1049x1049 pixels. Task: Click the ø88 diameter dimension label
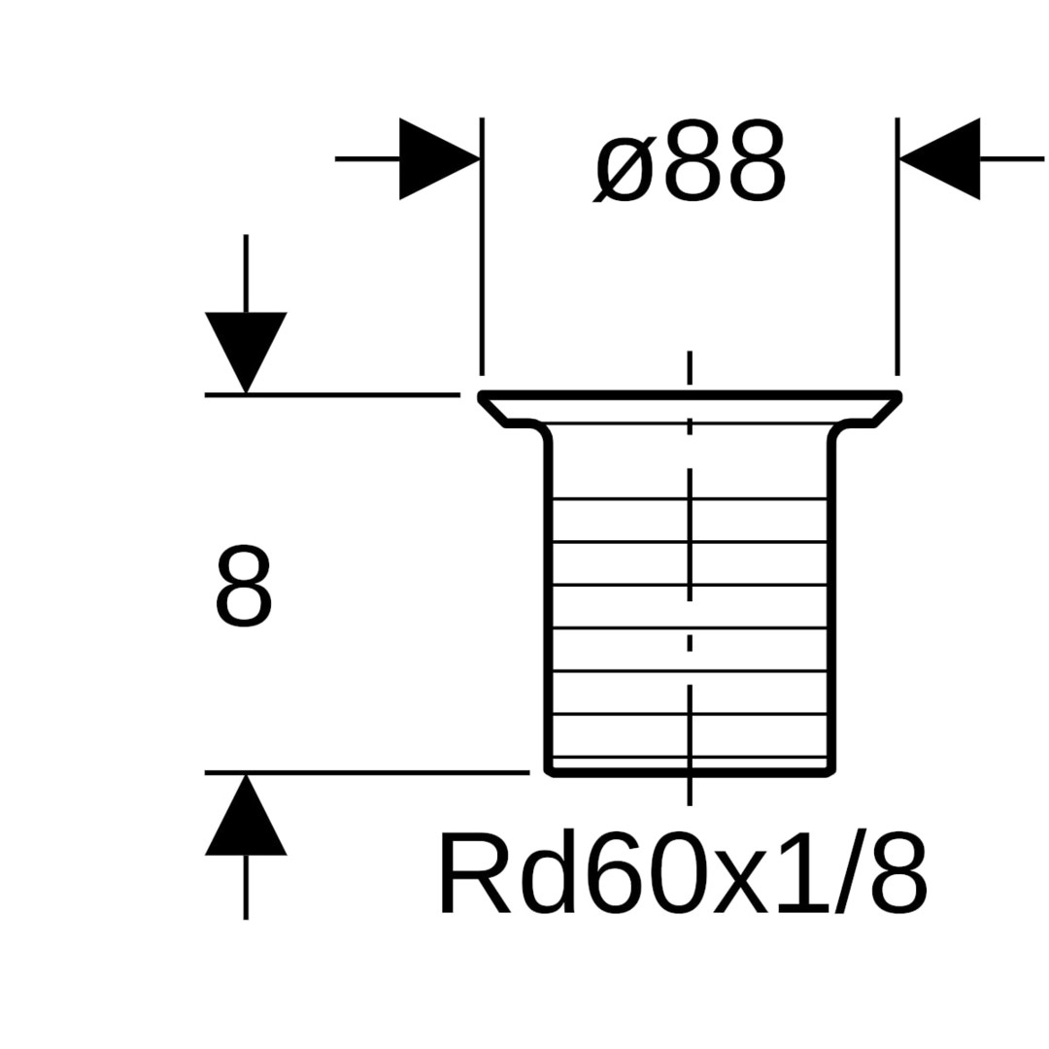tap(691, 161)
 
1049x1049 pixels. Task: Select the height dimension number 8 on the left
tap(243, 587)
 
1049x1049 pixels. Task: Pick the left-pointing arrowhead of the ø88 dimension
tap(939, 158)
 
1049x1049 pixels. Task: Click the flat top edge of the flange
tap(691, 393)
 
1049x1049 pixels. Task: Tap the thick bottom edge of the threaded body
tap(690, 774)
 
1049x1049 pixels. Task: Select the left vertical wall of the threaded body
tap(549, 602)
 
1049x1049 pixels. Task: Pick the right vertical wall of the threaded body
tap(830, 602)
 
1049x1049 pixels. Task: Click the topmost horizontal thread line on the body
tap(690, 498)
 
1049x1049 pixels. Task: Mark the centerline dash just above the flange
tap(690, 368)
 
